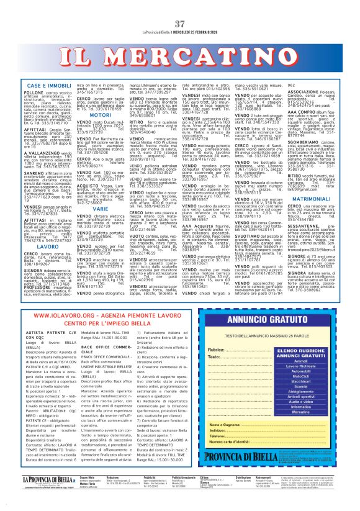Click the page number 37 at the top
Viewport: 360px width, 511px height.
181,6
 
